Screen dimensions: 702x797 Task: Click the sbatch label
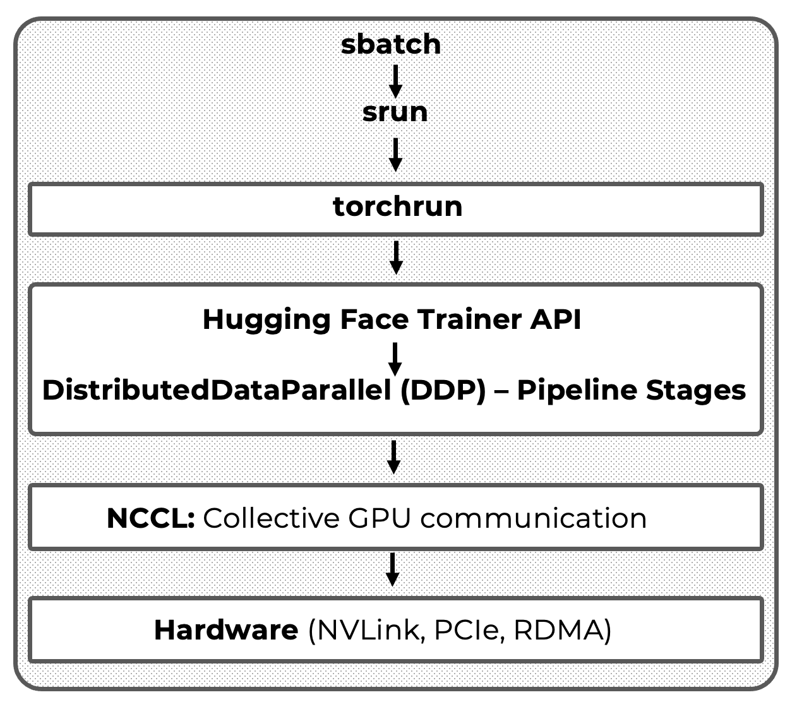[x=390, y=44]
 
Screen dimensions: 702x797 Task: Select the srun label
[x=395, y=112]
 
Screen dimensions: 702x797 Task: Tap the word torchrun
[x=397, y=206]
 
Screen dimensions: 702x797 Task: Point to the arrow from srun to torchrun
[x=395, y=154]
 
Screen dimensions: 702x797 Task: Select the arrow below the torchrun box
[x=395, y=257]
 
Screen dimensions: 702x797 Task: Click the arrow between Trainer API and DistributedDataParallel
[x=395, y=359]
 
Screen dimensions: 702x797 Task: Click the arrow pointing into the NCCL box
[x=393, y=456]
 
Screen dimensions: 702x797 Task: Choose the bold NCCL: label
[x=150, y=518]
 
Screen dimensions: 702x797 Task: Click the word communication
[x=534, y=518]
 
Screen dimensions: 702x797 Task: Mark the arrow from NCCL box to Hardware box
[x=393, y=569]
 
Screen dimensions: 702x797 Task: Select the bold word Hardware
[x=226, y=629]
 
